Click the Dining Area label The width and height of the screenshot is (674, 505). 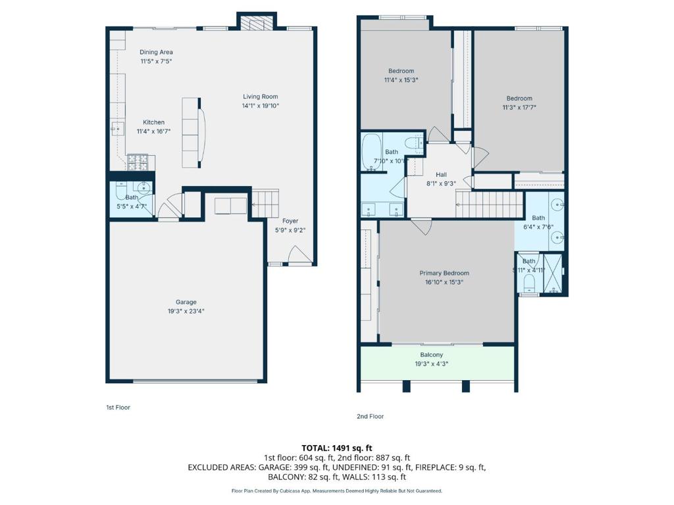click(x=156, y=52)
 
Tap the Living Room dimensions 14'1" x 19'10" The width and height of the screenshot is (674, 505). click(x=261, y=106)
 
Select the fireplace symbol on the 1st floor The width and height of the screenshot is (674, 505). click(x=257, y=23)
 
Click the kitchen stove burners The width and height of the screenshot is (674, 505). click(x=138, y=162)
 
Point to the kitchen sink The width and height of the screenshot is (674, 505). click(x=117, y=129)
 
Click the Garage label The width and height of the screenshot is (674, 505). click(x=186, y=302)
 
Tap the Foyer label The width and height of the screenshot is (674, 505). click(x=290, y=221)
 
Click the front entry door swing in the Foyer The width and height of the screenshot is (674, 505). click(x=299, y=254)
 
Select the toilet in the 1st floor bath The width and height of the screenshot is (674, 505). click(x=121, y=191)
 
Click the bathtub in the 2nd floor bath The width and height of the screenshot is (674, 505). click(x=371, y=153)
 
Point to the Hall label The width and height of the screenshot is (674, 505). click(x=441, y=174)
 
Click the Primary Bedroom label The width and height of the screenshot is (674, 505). click(x=444, y=273)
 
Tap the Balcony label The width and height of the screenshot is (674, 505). click(x=431, y=354)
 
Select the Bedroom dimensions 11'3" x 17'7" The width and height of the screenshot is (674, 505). click(x=519, y=107)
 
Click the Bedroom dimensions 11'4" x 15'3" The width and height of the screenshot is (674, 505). click(x=401, y=80)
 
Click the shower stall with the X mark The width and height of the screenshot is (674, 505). click(x=553, y=273)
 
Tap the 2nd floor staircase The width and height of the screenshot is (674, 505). click(x=489, y=204)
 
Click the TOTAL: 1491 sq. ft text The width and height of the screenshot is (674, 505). click(x=336, y=448)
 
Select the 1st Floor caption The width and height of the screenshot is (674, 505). click(x=118, y=407)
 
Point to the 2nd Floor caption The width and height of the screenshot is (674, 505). click(x=370, y=416)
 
